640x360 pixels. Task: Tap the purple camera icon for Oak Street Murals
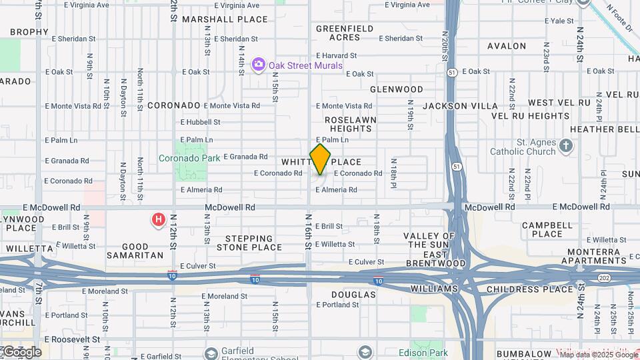(x=258, y=65)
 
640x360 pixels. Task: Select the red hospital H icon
(x=158, y=219)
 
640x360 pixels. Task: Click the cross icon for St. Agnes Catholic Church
(x=565, y=145)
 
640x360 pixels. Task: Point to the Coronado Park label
(x=189, y=158)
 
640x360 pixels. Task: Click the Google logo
(x=21, y=352)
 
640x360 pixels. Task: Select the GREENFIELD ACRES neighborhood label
(x=345, y=33)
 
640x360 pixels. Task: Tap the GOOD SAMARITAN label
(x=143, y=251)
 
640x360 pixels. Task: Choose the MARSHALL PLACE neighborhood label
(x=225, y=19)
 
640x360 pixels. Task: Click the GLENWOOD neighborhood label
(x=397, y=89)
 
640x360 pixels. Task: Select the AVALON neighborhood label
(x=507, y=46)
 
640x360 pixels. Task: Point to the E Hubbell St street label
(x=200, y=122)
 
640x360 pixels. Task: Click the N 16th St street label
(x=309, y=231)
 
